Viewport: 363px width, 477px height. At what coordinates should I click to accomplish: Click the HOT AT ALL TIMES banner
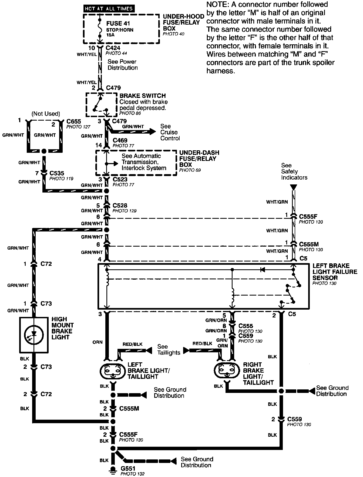(109, 9)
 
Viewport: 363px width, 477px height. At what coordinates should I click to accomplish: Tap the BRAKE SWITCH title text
(143, 96)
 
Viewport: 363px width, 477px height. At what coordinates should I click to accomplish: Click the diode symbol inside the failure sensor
(262, 270)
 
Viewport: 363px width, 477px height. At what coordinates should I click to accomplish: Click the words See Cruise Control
(170, 132)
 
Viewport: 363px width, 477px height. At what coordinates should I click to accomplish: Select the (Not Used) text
(46, 114)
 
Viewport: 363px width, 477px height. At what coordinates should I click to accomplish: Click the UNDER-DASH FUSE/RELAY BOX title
(199, 159)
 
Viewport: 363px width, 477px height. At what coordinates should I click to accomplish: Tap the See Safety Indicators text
(294, 171)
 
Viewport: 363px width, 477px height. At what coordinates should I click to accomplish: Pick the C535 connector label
(57, 173)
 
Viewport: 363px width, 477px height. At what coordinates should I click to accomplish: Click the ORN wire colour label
(98, 342)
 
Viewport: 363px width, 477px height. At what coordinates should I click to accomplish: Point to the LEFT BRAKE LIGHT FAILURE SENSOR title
(335, 272)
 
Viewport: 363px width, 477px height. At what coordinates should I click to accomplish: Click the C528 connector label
(120, 206)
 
